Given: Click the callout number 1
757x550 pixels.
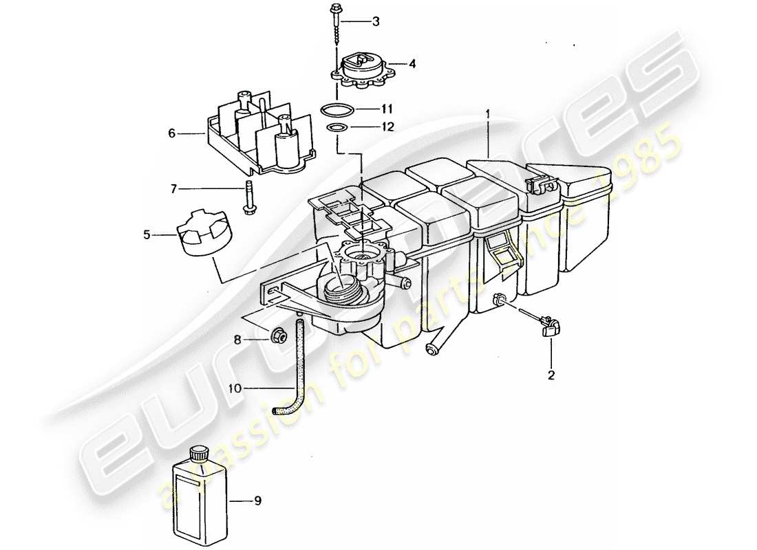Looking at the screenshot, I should point(489,111).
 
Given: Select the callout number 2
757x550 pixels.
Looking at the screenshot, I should point(551,376).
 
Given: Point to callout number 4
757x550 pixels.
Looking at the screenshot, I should point(412,64).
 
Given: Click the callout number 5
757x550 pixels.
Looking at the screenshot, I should point(146,235).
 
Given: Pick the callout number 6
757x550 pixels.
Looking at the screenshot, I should point(171,133).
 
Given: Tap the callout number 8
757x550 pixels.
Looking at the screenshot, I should point(237,339).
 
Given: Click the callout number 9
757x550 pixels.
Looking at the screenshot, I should point(258,502).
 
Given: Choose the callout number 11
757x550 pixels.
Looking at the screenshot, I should point(387,109).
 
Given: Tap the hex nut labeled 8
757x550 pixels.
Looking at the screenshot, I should point(279,336).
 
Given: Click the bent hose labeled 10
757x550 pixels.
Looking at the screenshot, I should point(298,371).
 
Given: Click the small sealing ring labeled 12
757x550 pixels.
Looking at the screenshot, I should point(336,129).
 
